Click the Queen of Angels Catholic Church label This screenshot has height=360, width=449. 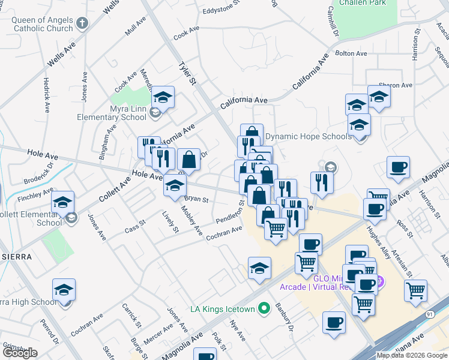pos(42,24)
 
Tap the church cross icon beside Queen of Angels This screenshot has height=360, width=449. pos(83,24)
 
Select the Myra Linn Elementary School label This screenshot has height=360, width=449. pos(112,113)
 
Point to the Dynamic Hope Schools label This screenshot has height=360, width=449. pos(309,136)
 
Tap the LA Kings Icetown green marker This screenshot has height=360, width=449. pos(263,309)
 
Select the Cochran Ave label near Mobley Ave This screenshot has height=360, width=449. pos(224,234)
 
